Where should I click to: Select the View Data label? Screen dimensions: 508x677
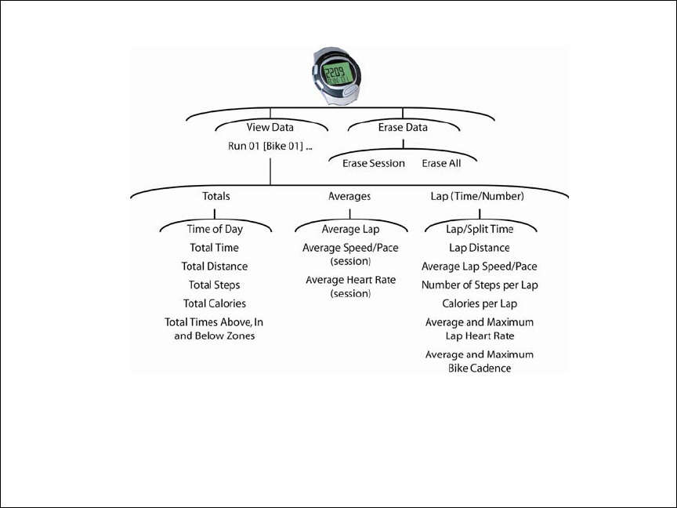(x=270, y=127)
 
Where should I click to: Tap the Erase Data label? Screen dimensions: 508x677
(x=403, y=127)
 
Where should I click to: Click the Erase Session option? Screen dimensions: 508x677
(x=374, y=163)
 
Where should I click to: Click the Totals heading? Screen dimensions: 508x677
(x=215, y=196)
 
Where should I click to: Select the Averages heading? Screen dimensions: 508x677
(x=349, y=196)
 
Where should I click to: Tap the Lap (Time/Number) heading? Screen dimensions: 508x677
(x=477, y=196)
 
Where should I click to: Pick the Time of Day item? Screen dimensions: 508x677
(x=215, y=230)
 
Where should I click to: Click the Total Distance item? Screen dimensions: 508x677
(x=215, y=267)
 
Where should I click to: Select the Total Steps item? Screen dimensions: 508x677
(x=215, y=285)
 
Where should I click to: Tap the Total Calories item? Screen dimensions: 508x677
(x=215, y=303)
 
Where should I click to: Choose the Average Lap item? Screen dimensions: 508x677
(x=350, y=230)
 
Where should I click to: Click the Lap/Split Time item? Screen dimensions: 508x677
(x=480, y=230)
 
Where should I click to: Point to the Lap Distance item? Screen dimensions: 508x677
(x=480, y=248)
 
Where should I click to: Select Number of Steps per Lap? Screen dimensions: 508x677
(x=480, y=285)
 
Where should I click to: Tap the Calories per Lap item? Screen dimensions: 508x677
(x=480, y=303)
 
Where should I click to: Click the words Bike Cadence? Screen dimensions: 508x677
(x=480, y=368)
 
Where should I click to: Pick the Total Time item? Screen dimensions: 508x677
(x=215, y=248)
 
